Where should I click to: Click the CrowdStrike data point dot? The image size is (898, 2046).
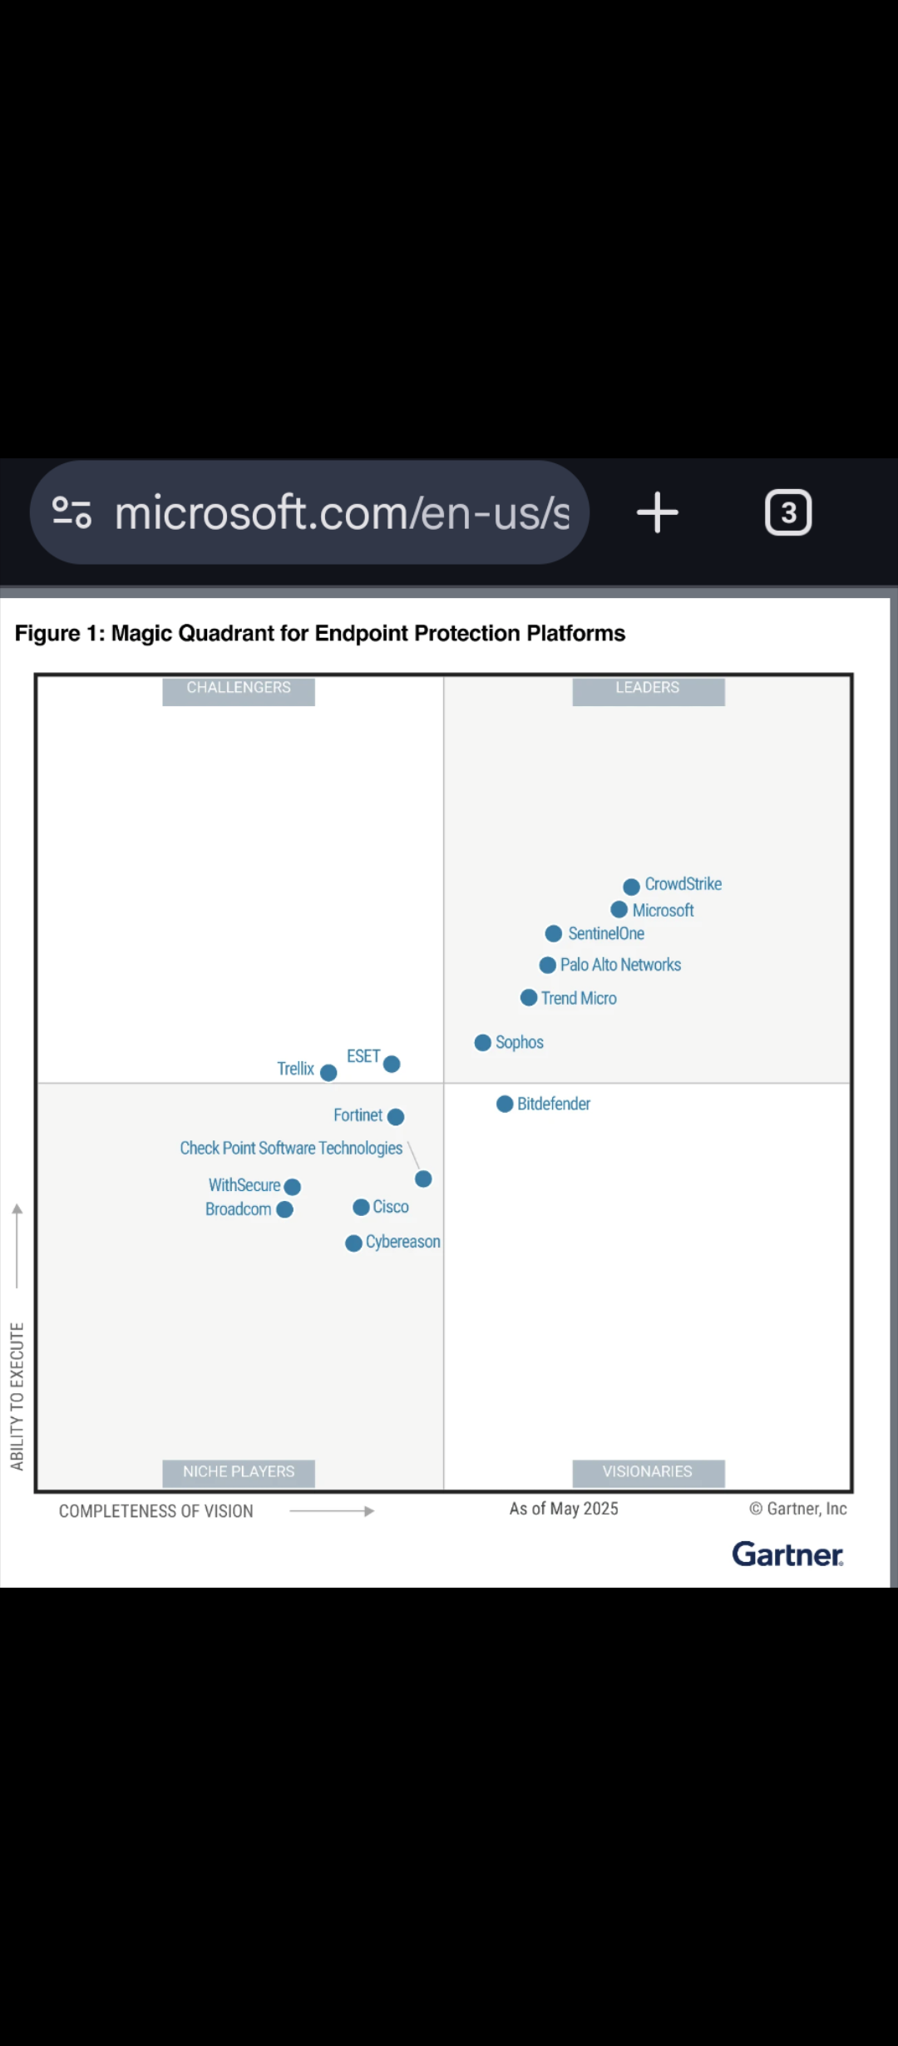pos(631,887)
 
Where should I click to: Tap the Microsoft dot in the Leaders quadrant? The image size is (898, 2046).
pos(619,910)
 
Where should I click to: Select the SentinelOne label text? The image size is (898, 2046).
pos(606,934)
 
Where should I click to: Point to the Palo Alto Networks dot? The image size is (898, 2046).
pos(547,965)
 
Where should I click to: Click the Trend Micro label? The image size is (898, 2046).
pos(579,998)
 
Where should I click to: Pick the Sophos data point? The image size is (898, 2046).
pos(482,1043)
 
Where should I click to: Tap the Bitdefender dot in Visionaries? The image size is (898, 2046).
pos(505,1104)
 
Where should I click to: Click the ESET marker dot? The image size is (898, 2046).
pos(392,1064)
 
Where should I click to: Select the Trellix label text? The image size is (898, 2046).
pos(295,1069)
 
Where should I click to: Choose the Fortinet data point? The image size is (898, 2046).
pos(396,1117)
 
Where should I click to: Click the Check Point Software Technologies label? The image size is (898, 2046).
pos(291,1149)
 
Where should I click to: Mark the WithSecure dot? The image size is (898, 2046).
pos(292,1187)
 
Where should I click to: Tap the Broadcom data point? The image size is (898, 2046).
pos(284,1209)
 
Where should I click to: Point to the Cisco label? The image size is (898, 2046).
pos(391,1207)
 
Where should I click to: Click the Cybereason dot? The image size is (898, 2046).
pos(353,1243)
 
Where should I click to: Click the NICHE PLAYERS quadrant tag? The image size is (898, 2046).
pos(239,1473)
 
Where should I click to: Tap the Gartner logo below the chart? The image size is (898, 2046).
pos(787,1554)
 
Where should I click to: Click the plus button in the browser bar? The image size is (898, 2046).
pos(658,512)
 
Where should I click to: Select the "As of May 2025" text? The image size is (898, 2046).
pos(564,1509)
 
